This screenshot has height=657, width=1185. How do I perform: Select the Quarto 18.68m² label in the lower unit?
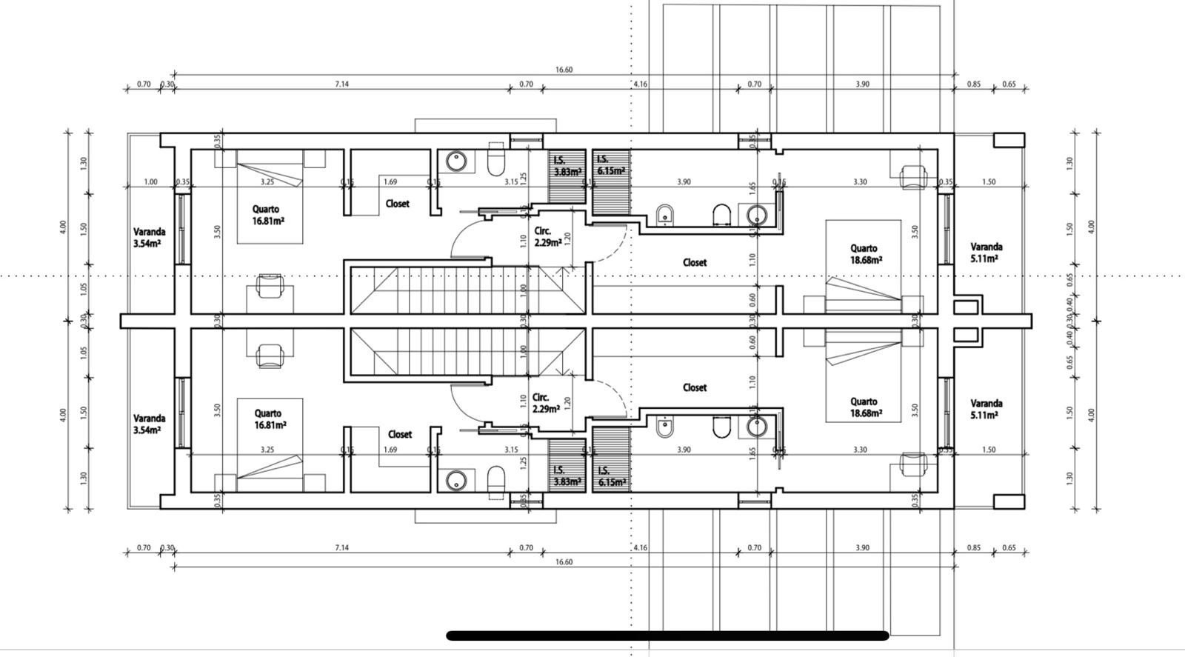(864, 407)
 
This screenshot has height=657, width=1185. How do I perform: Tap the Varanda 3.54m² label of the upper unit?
(149, 237)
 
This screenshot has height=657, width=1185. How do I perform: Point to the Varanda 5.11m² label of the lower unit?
(987, 409)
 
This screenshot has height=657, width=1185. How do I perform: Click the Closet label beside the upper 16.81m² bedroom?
(398, 204)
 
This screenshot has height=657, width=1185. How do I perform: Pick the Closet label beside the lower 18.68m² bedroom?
(695, 387)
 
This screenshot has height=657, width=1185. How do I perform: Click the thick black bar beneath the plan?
(667, 635)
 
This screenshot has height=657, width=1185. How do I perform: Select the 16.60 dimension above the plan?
(564, 70)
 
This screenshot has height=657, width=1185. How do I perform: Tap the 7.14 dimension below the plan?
(341, 547)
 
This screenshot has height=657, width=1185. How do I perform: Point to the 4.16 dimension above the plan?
(640, 84)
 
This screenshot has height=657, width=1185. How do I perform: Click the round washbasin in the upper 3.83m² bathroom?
(456, 161)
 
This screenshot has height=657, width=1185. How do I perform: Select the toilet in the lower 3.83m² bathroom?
(496, 478)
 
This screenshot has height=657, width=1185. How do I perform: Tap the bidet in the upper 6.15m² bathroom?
(666, 216)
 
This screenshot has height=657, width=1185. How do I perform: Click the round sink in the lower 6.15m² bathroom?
(757, 426)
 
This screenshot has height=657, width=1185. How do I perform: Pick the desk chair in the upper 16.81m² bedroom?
(270, 286)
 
